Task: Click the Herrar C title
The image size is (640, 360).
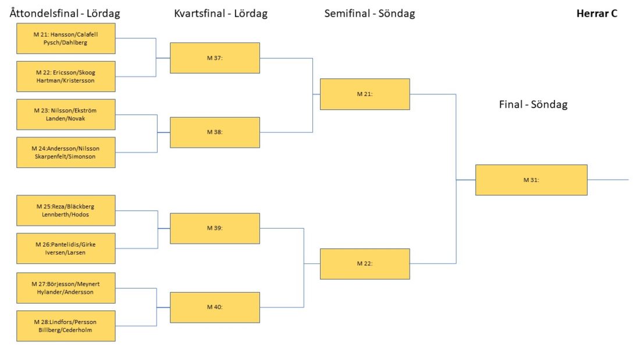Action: point(597,13)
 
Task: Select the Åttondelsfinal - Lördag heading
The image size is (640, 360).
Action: point(65,13)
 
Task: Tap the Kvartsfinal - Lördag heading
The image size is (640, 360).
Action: point(221,13)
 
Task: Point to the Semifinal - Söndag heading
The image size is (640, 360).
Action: point(369,13)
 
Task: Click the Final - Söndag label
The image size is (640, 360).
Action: point(533,105)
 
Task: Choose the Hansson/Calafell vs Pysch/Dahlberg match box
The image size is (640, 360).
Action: point(66,38)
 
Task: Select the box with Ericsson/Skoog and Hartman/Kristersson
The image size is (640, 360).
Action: point(66,76)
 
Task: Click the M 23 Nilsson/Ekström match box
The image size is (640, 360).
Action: point(66,115)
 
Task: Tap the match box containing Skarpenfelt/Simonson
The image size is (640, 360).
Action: point(66,152)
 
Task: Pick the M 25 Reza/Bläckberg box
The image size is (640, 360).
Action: point(66,210)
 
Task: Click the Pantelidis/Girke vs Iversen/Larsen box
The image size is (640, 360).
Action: point(66,248)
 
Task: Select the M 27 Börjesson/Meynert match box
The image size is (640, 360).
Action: point(66,288)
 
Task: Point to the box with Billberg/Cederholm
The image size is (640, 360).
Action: point(66,326)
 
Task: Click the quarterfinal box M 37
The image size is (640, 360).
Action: point(215,58)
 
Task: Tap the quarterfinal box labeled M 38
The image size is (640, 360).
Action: point(215,132)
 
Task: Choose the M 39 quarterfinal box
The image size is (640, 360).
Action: point(215,228)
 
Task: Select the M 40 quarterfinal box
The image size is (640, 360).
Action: point(215,307)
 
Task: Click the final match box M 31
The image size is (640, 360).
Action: point(531,180)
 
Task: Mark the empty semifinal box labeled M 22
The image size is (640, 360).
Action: point(365,263)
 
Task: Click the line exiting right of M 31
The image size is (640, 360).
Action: point(608,180)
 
